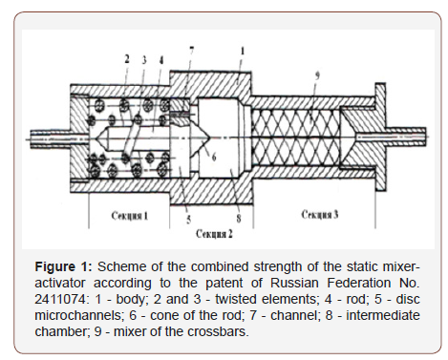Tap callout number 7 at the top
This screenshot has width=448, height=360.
click(190, 48)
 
